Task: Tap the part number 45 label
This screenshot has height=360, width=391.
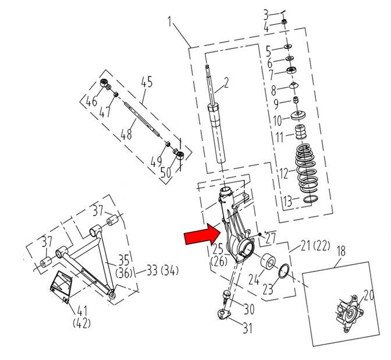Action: [146, 82]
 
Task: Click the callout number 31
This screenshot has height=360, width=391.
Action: [248, 329]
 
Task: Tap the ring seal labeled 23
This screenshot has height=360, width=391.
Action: [285, 271]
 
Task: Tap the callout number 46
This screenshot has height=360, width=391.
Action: [92, 103]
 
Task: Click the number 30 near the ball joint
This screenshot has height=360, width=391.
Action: [248, 309]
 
